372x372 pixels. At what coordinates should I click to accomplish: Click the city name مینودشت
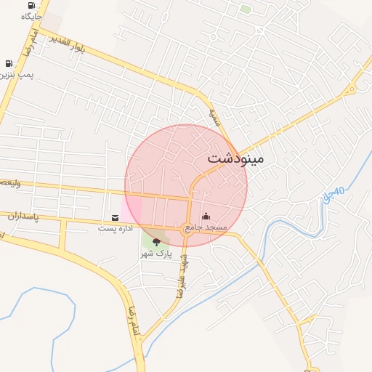[x=236, y=158]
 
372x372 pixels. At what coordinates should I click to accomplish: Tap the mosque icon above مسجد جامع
[x=205, y=216]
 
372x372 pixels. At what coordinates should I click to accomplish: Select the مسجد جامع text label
[x=206, y=227]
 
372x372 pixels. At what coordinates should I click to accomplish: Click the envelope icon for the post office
[x=116, y=217]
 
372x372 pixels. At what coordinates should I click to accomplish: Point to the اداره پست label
[x=116, y=228]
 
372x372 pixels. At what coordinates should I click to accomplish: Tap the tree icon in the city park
[x=156, y=242]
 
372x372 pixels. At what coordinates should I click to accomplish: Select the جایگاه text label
[x=32, y=15]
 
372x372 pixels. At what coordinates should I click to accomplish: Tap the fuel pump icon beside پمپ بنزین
[x=9, y=64]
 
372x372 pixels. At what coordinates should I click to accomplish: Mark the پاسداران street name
[x=22, y=216]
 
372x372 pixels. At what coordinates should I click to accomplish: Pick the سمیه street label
[x=214, y=116]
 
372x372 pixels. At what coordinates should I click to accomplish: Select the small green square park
[x=246, y=9]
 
